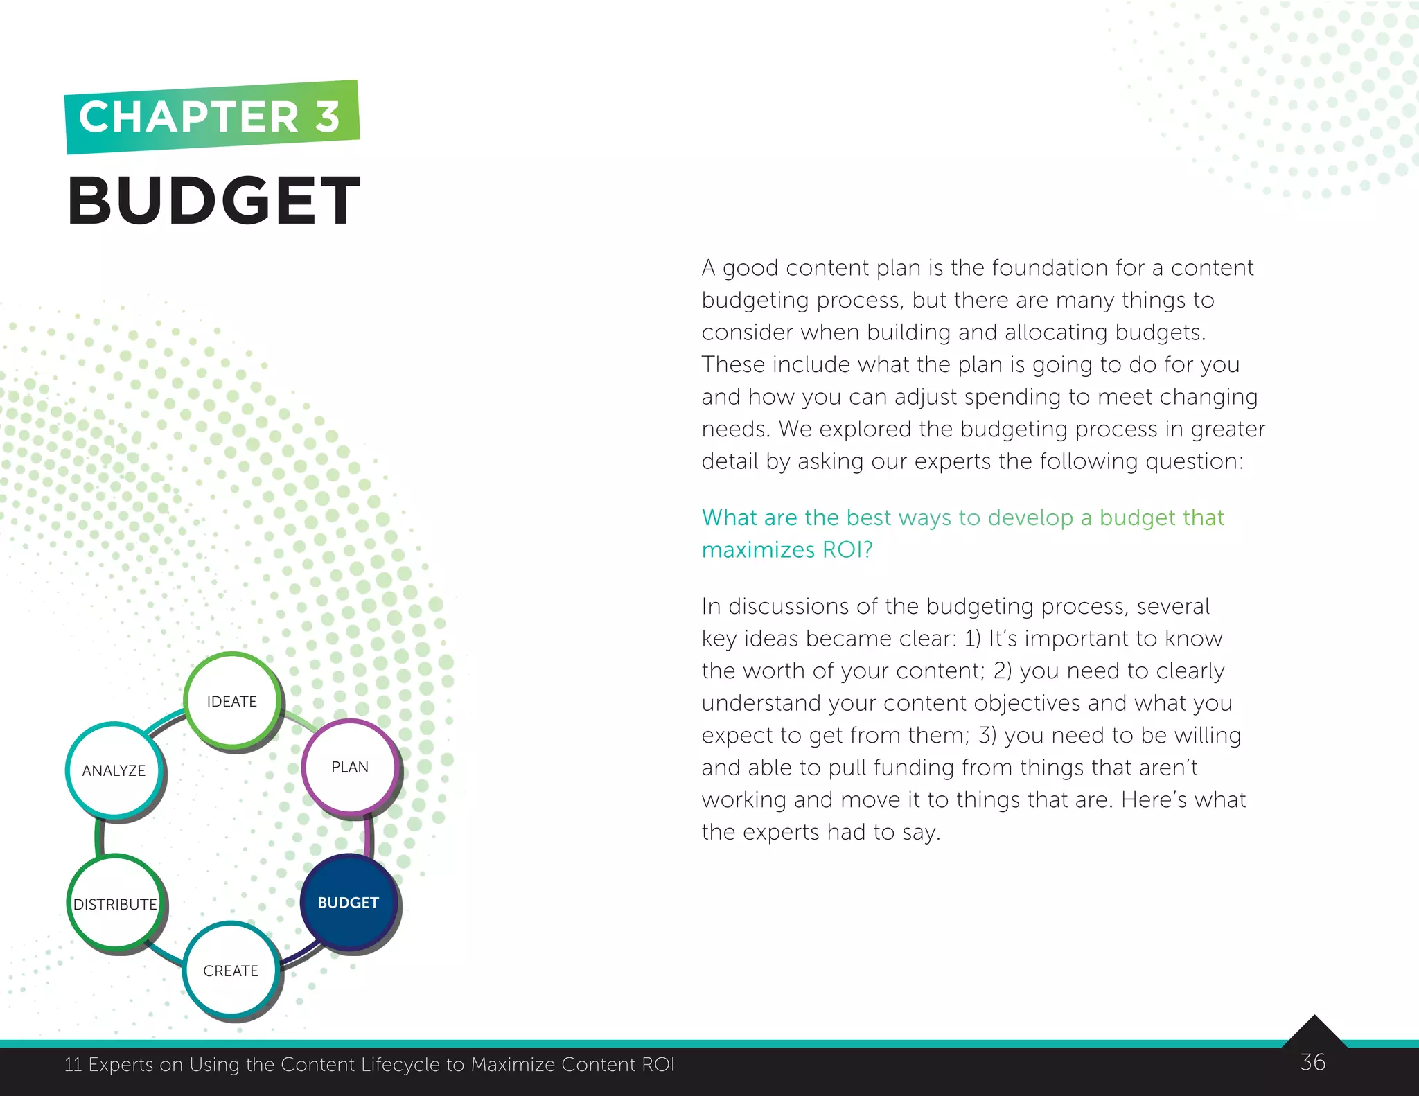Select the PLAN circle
(x=350, y=766)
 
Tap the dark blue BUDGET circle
(x=349, y=902)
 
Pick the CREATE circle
(x=231, y=970)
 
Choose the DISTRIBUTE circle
(x=116, y=903)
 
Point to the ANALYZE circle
(x=114, y=770)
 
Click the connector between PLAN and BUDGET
(x=368, y=836)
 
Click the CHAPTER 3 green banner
(x=211, y=116)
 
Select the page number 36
(x=1312, y=1062)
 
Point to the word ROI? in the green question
(x=847, y=549)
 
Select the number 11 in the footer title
(x=73, y=1064)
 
